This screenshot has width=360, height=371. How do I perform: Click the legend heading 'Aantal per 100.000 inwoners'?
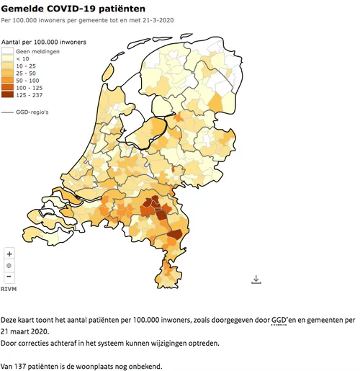point(44,43)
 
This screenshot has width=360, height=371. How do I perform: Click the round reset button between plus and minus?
point(9,265)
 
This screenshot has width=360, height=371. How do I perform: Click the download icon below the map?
point(256,279)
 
